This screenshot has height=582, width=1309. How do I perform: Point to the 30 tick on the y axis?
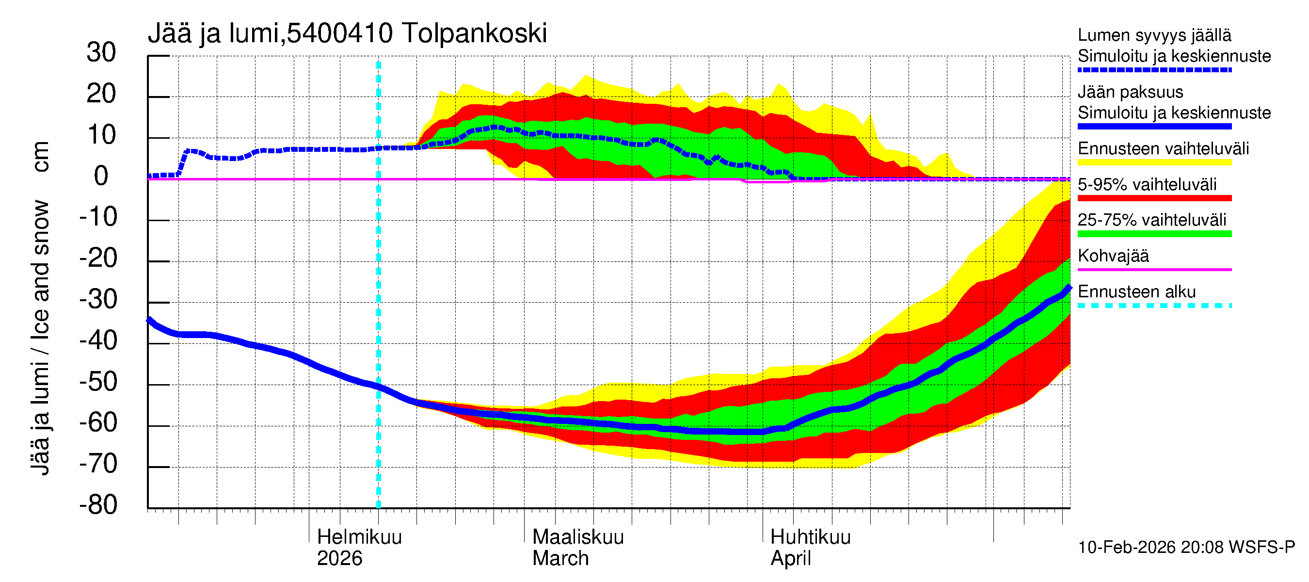tap(101, 53)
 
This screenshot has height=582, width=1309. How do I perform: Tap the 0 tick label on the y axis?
tap(101, 177)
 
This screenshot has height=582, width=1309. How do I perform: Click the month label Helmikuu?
tap(359, 537)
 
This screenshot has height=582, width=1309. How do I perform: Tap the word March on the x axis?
tap(560, 559)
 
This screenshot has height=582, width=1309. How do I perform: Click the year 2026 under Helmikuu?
tap(339, 559)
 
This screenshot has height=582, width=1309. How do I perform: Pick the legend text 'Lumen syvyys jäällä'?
tap(1154, 35)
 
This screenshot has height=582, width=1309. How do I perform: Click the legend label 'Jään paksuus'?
tap(1130, 92)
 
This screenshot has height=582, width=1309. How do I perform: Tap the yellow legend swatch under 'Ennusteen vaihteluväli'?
tap(1154, 162)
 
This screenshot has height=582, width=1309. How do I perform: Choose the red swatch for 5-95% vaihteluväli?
tap(1154, 198)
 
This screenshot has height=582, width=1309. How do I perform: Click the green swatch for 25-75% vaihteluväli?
tap(1154, 234)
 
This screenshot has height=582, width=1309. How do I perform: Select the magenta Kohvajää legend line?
tap(1154, 269)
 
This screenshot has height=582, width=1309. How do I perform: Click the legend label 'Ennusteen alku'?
tap(1136, 292)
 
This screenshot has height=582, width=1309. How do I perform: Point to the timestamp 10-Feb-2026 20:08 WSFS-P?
tap(1186, 548)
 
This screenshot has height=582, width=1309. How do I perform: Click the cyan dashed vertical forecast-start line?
tap(378, 305)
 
